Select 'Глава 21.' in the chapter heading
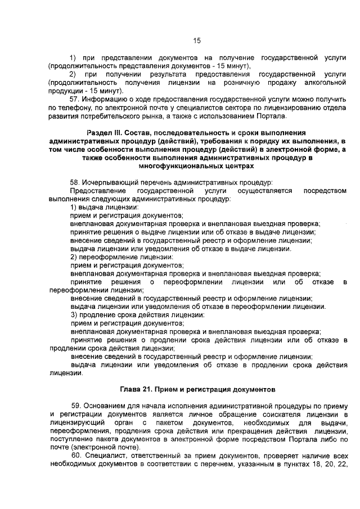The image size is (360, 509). click(x=137, y=389)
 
